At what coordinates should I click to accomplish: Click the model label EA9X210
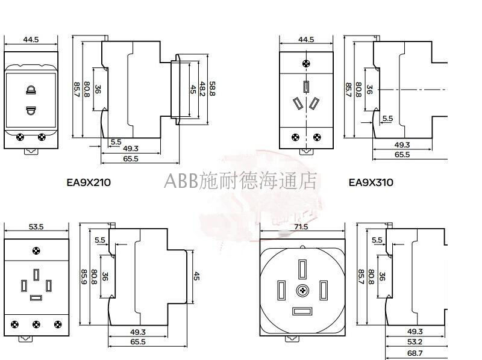tap(89, 182)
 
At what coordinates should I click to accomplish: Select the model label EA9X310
tap(371, 182)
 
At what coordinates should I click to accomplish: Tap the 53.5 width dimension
tap(31, 227)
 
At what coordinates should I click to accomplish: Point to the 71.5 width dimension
tap(301, 227)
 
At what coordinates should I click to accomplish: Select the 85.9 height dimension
tap(84, 278)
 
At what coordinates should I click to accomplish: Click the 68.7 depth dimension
tap(415, 352)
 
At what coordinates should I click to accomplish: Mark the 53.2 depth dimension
tap(415, 342)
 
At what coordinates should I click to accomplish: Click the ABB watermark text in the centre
tap(241, 180)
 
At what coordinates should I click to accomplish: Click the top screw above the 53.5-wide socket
tap(37, 250)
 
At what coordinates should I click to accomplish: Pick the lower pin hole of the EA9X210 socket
tap(30, 110)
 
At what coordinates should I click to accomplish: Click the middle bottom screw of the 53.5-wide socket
tap(36, 325)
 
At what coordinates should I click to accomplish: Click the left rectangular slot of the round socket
tap(280, 291)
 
